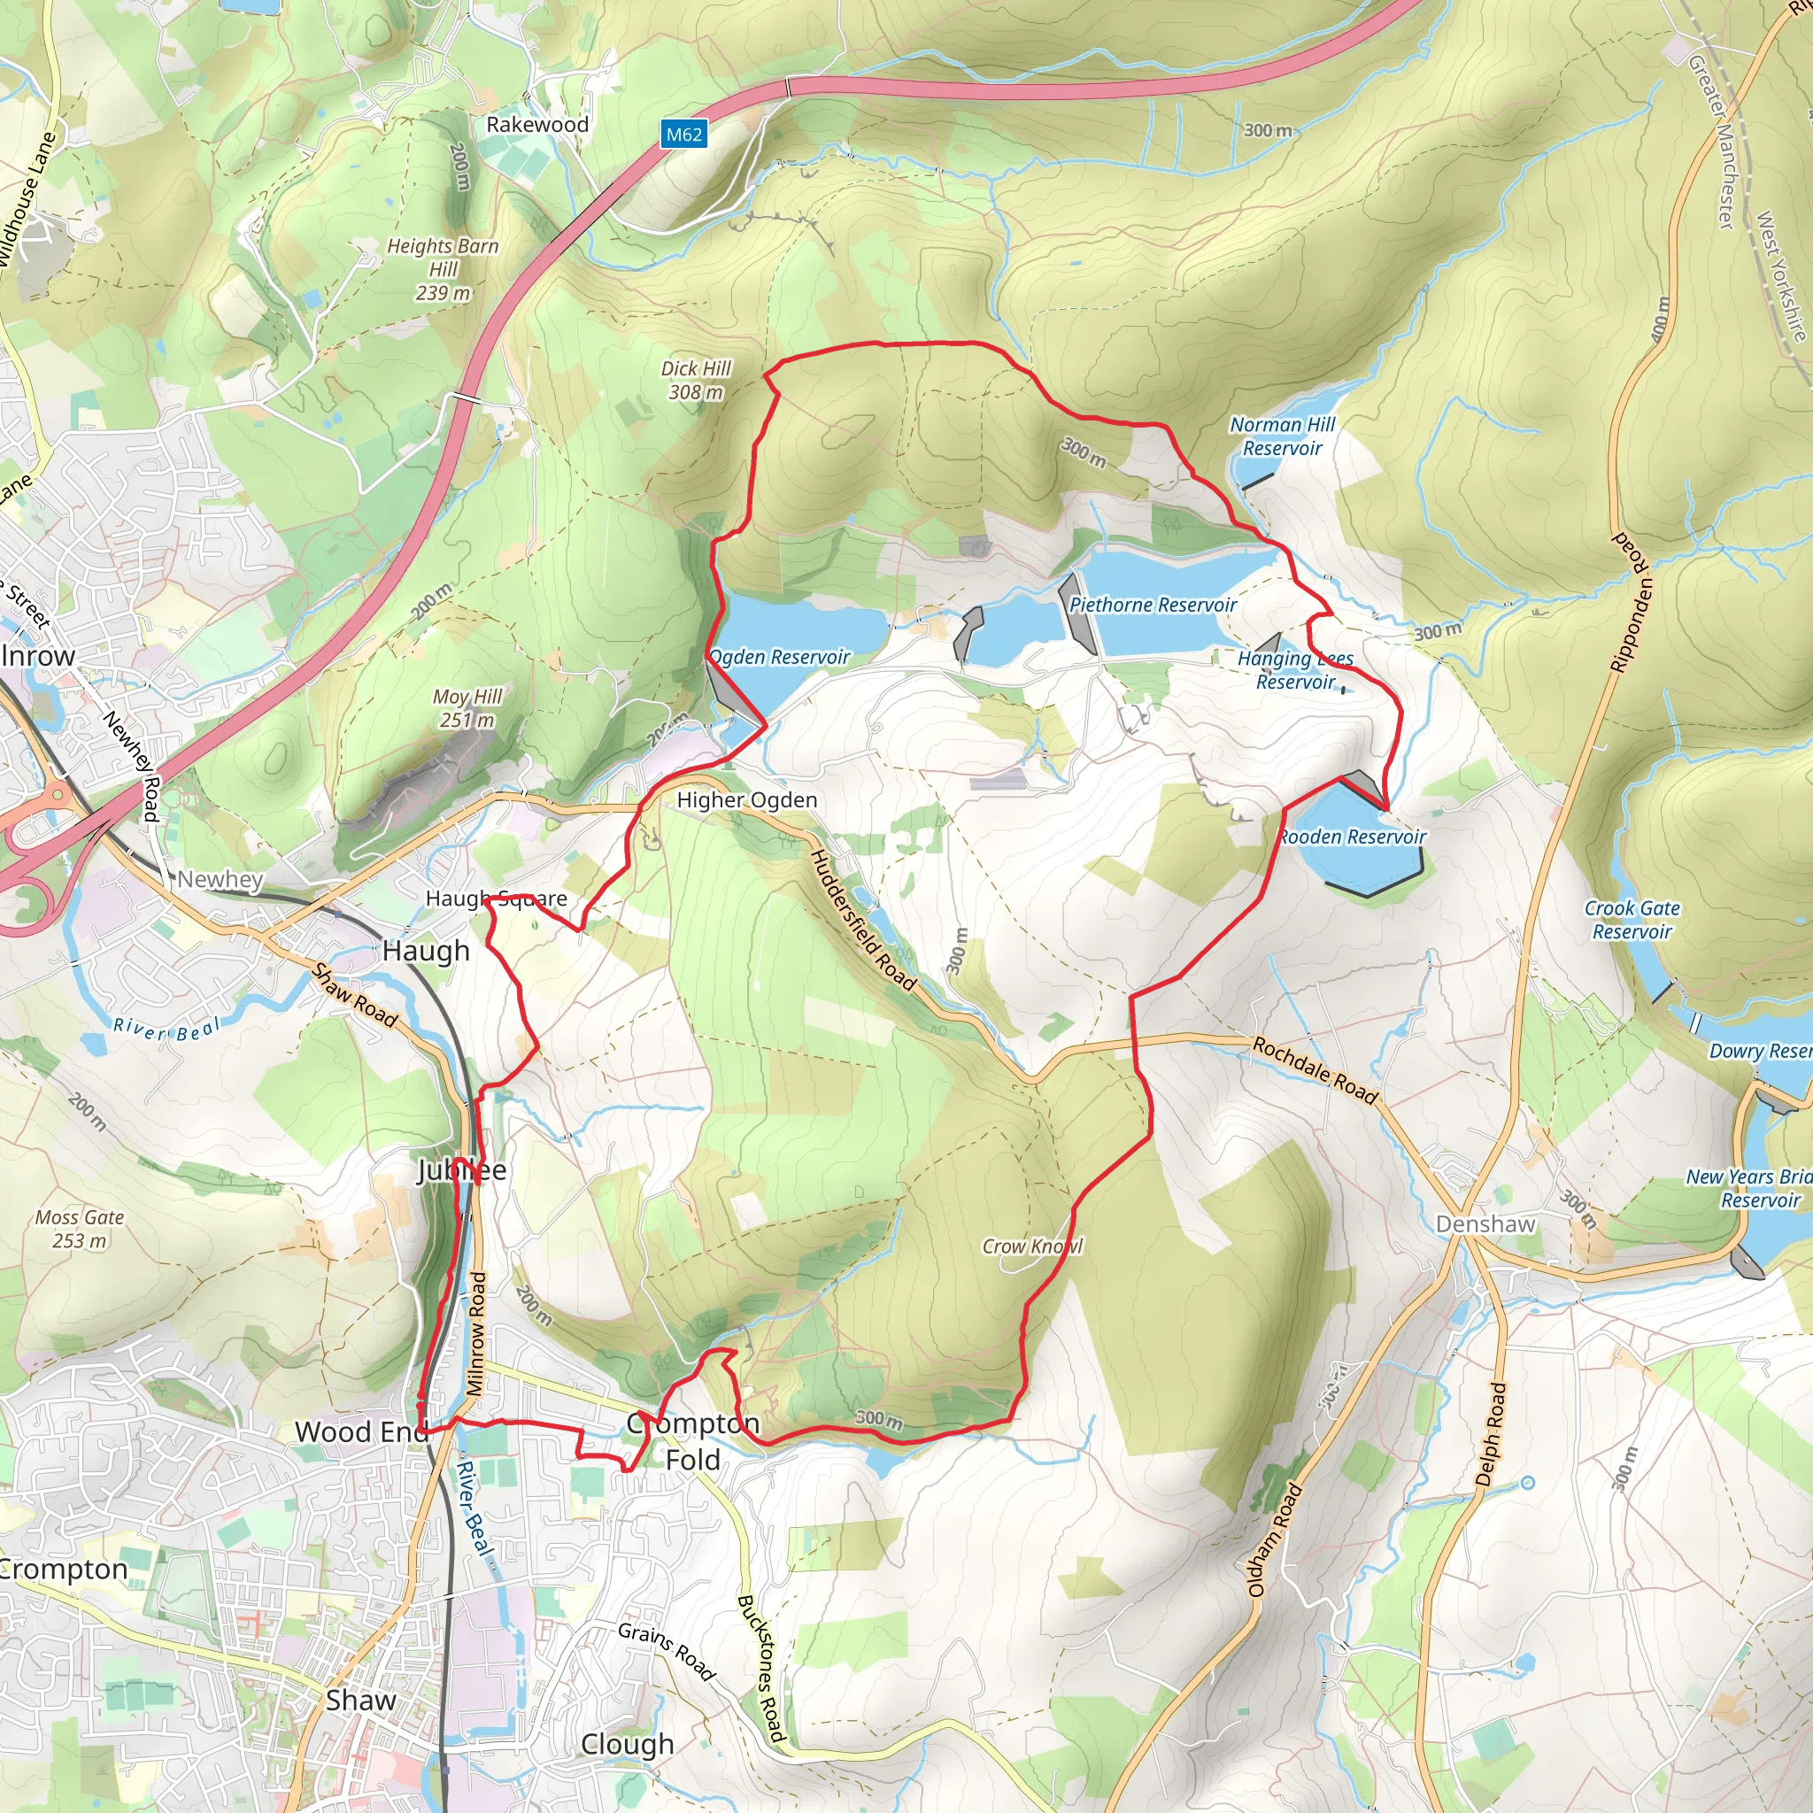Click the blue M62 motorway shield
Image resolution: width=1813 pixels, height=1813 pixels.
(683, 135)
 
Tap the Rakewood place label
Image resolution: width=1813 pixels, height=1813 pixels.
(536, 124)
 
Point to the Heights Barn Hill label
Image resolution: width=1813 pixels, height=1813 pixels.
(443, 269)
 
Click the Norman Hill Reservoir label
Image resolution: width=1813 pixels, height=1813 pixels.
(1282, 436)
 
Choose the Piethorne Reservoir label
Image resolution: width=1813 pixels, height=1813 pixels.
(1153, 606)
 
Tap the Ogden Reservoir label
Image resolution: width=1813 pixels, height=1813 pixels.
(780, 657)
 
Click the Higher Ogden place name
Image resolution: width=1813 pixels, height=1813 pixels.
(747, 800)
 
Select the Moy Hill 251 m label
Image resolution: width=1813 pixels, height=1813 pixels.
(467, 708)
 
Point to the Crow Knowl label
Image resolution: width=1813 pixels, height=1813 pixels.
(1031, 1246)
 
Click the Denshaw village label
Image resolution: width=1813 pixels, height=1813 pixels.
(1485, 1224)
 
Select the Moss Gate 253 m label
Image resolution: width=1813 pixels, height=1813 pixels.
(80, 1229)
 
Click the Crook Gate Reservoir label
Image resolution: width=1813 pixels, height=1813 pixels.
(1632, 920)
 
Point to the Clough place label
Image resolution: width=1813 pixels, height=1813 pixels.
(627, 1744)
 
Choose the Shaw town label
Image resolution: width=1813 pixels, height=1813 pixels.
(360, 1701)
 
